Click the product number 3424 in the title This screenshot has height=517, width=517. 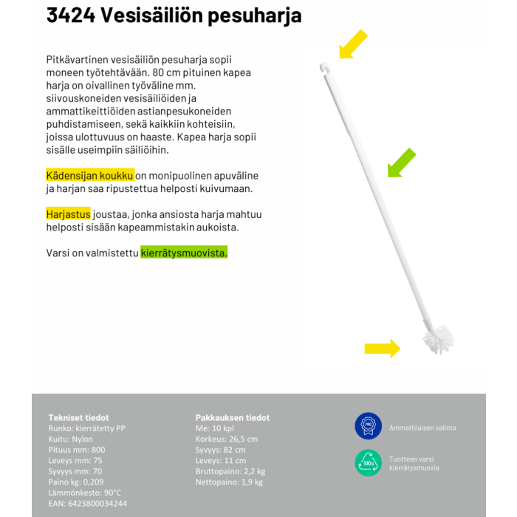click(x=70, y=15)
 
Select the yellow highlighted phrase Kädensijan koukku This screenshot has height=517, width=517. click(x=89, y=175)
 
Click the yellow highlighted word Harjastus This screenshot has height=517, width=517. click(x=68, y=214)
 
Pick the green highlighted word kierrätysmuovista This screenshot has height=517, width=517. click(x=184, y=253)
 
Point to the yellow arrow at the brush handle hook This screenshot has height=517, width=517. click(x=352, y=44)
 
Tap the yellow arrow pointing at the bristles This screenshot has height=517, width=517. click(x=382, y=348)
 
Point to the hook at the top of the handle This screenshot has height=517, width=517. click(x=323, y=68)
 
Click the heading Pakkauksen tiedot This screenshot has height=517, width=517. click(x=232, y=417)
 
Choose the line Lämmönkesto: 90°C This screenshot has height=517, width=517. click(x=84, y=493)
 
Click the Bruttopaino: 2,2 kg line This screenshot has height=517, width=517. click(x=230, y=471)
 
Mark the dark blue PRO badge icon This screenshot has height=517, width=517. click(x=368, y=426)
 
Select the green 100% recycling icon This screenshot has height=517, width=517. click(x=368, y=463)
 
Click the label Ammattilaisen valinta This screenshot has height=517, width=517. click(x=422, y=428)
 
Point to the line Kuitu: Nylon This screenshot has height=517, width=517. click(x=71, y=439)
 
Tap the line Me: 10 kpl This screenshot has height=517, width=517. click(x=215, y=428)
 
